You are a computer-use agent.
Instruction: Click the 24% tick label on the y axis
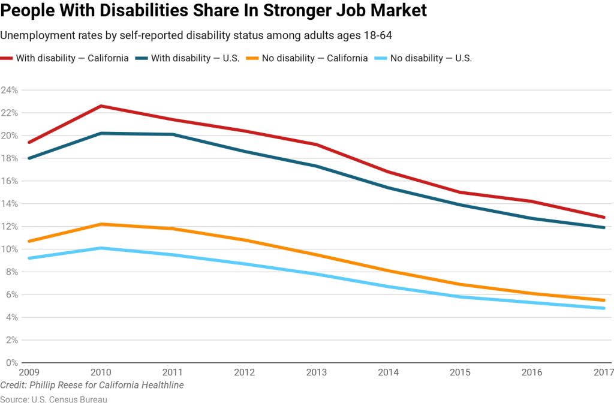click(9, 90)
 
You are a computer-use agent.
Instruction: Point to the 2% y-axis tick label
click(11, 340)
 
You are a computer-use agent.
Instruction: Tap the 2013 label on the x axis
click(317, 372)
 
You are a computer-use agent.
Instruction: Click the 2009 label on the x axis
click(30, 372)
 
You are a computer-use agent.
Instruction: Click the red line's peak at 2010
click(100, 106)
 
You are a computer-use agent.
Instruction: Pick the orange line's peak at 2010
click(100, 224)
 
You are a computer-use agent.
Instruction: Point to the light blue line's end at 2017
click(604, 308)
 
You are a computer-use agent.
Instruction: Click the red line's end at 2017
click(604, 217)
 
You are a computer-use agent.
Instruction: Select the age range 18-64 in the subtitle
click(375, 36)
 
